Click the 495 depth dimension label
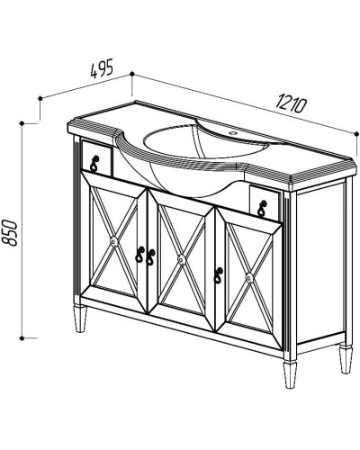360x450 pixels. point(102,68)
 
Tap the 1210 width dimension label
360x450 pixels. point(292,103)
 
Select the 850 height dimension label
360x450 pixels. point(13,232)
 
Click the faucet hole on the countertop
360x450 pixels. point(232,132)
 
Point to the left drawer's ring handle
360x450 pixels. point(94,163)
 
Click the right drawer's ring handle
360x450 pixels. point(262,208)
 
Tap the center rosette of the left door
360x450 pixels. point(113,241)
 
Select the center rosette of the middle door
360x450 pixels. point(181,259)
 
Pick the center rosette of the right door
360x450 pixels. point(249,279)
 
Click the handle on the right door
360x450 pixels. point(218,274)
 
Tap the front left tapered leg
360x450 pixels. point(81,319)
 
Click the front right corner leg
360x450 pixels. point(291,373)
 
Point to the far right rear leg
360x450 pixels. point(346,359)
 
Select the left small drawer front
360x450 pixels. point(96,158)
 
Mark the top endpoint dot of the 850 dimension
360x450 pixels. point(22,123)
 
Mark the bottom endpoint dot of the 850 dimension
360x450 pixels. point(22,338)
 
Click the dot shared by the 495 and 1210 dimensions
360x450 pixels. point(131,74)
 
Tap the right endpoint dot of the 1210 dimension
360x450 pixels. point(356,133)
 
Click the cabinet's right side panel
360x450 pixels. point(320,263)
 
